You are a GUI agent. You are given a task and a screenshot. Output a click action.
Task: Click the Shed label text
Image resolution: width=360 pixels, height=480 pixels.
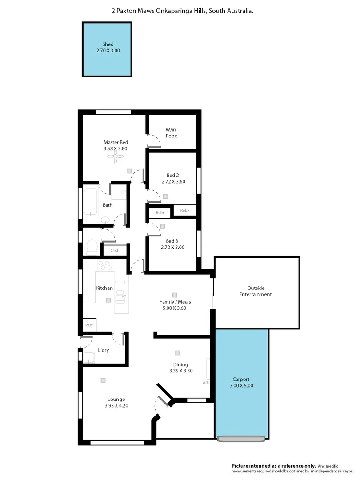(x=108, y=44)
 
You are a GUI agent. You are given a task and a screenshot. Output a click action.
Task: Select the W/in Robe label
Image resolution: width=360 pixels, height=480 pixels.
(x=171, y=132)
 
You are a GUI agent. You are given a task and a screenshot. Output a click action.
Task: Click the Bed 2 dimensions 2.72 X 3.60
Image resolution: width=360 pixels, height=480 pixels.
(x=173, y=181)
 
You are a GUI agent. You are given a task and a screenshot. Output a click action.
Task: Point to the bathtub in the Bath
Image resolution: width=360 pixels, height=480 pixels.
(x=91, y=203)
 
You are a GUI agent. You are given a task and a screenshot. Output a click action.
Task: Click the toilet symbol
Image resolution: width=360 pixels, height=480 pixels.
(x=92, y=245)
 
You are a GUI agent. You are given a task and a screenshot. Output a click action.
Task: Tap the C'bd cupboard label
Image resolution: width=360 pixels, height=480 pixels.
(x=114, y=251)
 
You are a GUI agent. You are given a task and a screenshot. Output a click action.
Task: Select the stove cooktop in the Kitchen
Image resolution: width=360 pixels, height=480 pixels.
(x=105, y=265)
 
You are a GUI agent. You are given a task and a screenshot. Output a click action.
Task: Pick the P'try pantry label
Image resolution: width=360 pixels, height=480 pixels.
(x=89, y=325)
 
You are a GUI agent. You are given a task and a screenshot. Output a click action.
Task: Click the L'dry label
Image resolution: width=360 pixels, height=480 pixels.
(x=103, y=350)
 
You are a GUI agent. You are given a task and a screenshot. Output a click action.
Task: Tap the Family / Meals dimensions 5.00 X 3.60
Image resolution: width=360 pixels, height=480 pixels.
(x=175, y=308)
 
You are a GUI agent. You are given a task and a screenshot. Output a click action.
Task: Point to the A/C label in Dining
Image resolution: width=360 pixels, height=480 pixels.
(x=206, y=382)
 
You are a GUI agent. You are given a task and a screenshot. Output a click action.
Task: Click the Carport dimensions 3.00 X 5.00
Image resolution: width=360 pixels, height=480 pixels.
(x=241, y=386)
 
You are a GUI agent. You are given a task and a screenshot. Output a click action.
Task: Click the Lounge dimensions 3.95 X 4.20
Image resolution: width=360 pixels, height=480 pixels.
(x=116, y=405)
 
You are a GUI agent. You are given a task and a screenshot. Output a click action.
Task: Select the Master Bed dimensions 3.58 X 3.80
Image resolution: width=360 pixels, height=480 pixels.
(x=116, y=148)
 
